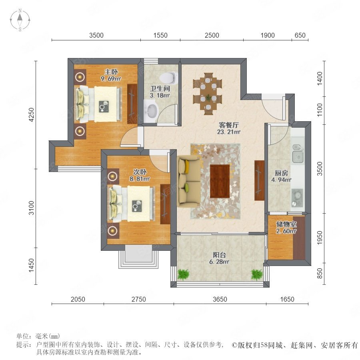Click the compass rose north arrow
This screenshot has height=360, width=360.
coord(20,17)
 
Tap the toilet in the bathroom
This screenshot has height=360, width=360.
coord(169,77)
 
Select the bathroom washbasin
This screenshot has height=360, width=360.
coord(151,112)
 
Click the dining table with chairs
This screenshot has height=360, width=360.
coord(208,94)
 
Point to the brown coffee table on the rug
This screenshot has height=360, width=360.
coord(220,181)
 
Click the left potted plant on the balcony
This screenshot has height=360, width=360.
coord(183,274)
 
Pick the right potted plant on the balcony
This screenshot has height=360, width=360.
coord(256,274)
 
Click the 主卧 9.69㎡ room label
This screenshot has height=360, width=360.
coord(111,75)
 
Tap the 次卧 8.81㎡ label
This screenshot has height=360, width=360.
coord(140,175)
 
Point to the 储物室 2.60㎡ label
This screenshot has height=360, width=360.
coord(286,228)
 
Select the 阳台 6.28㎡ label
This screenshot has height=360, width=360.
coord(219,258)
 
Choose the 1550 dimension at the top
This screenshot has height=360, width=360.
coord(160,35)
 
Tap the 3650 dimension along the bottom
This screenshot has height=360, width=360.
coord(220,299)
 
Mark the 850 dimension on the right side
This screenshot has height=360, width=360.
coord(320,274)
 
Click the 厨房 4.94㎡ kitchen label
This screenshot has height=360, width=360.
coord(281,176)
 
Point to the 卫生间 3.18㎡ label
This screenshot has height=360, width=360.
coord(160,92)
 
